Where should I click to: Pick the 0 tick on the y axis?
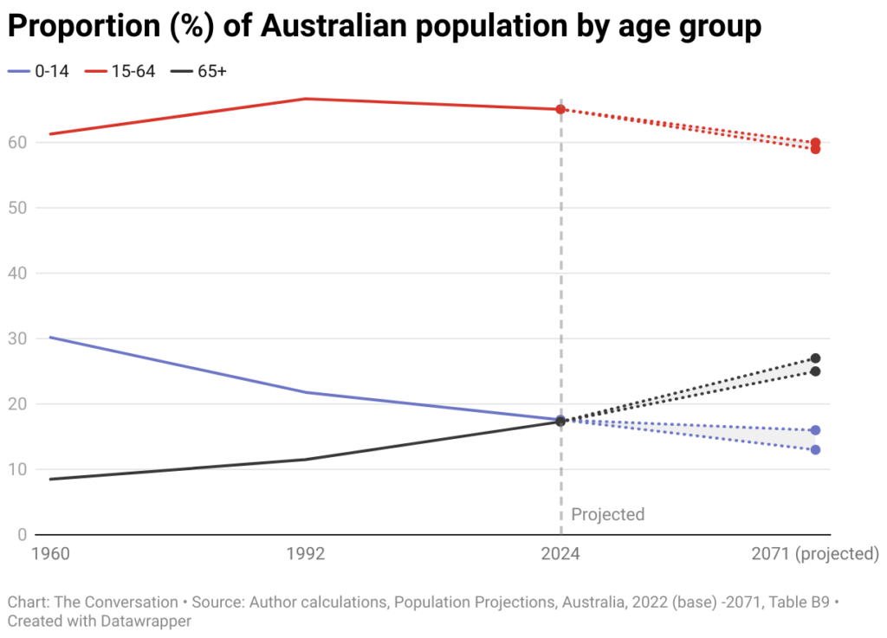point(21,535)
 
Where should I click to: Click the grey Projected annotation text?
point(608,514)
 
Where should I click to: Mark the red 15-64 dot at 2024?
point(561,109)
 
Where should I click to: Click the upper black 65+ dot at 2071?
point(815,358)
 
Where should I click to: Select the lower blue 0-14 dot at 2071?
point(815,449)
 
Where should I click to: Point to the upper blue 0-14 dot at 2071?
point(815,430)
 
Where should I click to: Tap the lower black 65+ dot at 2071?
point(815,371)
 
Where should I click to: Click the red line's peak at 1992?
point(306,99)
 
